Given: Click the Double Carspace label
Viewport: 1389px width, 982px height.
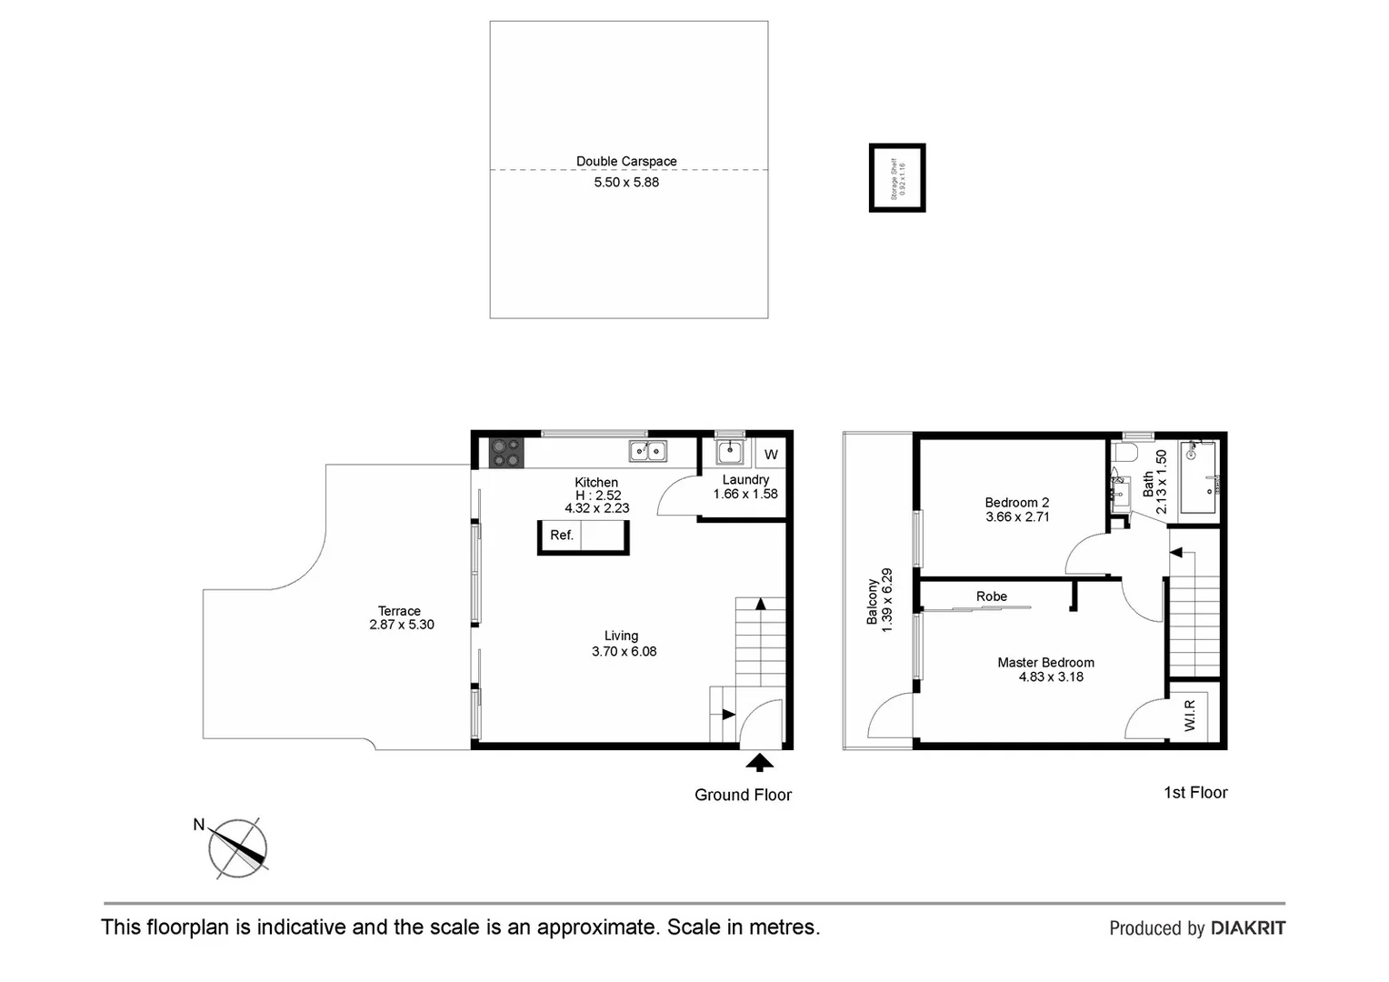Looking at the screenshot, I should pos(626,162).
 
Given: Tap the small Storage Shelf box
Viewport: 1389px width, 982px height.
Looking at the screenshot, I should pos(897,178).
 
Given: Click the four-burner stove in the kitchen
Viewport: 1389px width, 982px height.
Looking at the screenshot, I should pos(506,452).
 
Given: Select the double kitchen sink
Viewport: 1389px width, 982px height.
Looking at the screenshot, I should pos(647,451).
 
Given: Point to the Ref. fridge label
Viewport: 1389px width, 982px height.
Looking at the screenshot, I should pos(562,536).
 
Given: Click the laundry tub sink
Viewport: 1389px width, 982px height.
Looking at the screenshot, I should pos(729,452).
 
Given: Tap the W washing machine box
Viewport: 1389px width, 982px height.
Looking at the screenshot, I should pos(771,455).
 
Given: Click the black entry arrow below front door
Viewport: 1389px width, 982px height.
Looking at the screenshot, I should pos(759,763).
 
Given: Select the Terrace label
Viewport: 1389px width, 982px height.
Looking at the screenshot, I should pos(399,611).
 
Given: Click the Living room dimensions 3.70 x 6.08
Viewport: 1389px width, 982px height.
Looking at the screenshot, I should pos(624,651).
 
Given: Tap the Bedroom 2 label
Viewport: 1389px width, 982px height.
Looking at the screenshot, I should pos(1017,502).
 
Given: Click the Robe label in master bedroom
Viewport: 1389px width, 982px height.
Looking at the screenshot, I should pos(992,596).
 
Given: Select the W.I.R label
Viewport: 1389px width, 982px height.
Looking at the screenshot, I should pos(1190,714).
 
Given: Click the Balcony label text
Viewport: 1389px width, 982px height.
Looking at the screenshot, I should pos(873,601).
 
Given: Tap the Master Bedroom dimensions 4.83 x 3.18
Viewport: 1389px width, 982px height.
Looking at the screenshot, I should pos(1051,676).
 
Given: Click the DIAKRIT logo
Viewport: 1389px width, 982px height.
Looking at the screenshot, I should pos(1247,928).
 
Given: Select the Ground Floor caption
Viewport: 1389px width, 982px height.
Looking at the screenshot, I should pos(743,795).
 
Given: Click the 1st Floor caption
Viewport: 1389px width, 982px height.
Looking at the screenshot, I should pos(1195,793).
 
